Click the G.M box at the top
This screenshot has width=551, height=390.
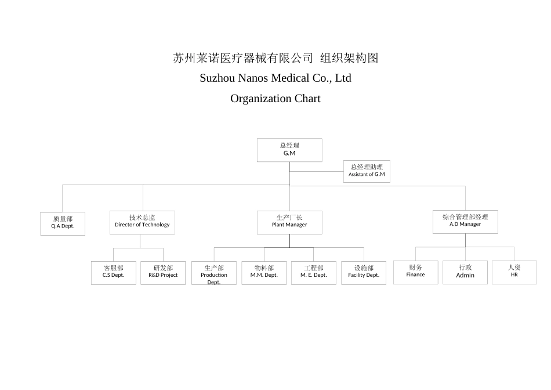[x=289, y=150]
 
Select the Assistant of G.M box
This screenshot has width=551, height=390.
[x=367, y=171]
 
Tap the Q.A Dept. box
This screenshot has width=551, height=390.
[x=63, y=223]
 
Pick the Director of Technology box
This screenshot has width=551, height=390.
[x=142, y=222]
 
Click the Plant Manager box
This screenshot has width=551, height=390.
[x=289, y=222]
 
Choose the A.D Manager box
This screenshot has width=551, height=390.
[x=465, y=222]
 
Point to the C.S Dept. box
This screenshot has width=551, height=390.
[x=114, y=273]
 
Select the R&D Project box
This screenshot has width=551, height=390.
[x=163, y=273]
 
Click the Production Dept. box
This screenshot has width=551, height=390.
[x=214, y=273]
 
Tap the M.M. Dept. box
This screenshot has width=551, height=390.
[x=264, y=273]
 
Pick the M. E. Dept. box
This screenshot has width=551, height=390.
[x=314, y=273]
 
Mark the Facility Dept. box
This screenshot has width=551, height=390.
[x=364, y=273]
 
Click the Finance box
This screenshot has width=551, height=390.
[x=415, y=272]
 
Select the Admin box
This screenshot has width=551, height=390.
[x=465, y=272]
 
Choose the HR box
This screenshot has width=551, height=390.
[x=514, y=272]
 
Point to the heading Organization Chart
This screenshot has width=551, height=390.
[x=275, y=99]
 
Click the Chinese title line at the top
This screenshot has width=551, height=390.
[x=275, y=58]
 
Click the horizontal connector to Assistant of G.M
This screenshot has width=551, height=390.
[x=316, y=171]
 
